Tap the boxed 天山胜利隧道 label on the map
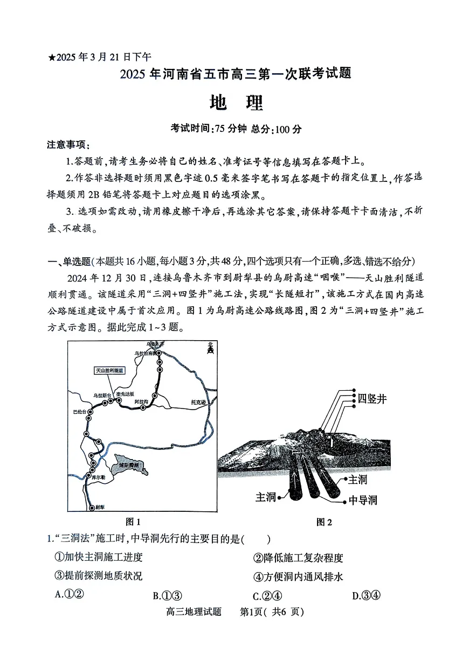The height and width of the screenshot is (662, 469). pyautogui.click(x=109, y=371)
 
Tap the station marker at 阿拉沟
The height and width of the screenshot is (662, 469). pyautogui.click(x=143, y=407)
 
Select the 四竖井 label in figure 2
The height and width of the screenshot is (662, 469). pyautogui.click(x=373, y=399)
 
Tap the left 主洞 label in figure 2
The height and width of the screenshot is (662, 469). pyautogui.click(x=266, y=496)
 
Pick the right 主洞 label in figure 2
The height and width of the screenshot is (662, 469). pyautogui.click(x=358, y=479)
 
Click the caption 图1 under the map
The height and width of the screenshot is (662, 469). pyautogui.click(x=133, y=521)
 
